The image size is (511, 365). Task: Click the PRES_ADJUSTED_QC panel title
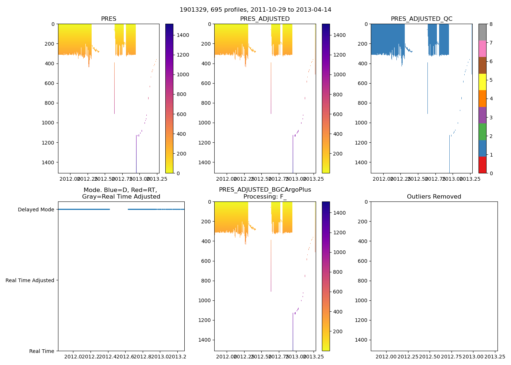pyautogui.click(x=422, y=19)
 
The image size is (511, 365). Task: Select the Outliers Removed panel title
pyautogui.click(x=434, y=197)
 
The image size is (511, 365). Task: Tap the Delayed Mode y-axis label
pyautogui.click(x=36, y=210)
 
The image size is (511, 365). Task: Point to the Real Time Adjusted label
pyautogui.click(x=30, y=280)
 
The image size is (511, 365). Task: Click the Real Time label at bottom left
pyautogui.click(x=42, y=351)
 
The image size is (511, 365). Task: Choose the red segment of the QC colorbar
pyautogui.click(x=482, y=165)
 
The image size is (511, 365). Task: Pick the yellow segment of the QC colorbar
pyautogui.click(x=482, y=82)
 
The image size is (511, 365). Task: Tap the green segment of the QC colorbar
pyautogui.click(x=482, y=131)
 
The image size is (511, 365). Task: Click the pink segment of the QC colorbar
pyautogui.click(x=482, y=49)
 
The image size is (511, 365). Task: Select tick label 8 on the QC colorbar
pyautogui.click(x=491, y=24)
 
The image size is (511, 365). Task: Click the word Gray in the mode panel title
pyautogui.click(x=90, y=197)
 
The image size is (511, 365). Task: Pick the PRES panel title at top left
pyautogui.click(x=108, y=19)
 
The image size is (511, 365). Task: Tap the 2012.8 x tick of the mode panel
pyautogui.click(x=143, y=357)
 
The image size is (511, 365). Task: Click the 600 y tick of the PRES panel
pyautogui.click(x=50, y=83)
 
